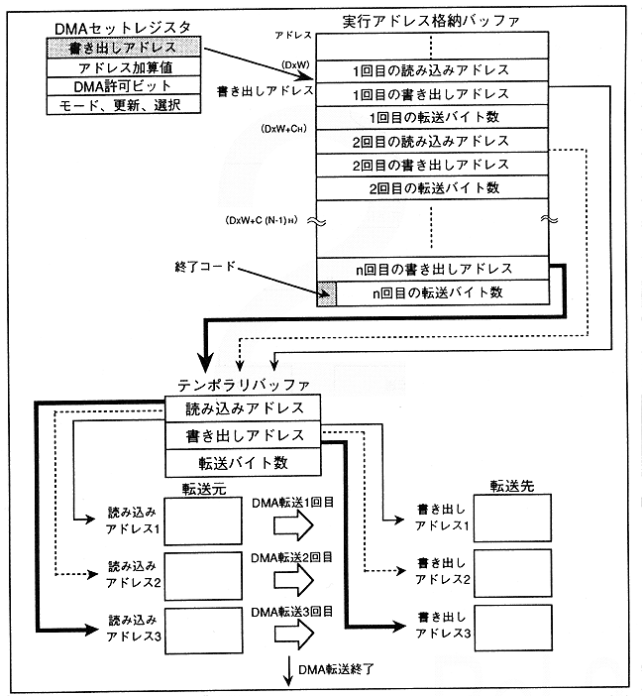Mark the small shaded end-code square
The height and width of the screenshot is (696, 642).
pos(327,292)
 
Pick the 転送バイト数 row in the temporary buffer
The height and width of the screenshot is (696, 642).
pos(244,462)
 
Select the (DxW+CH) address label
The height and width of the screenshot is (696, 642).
pos(282,130)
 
